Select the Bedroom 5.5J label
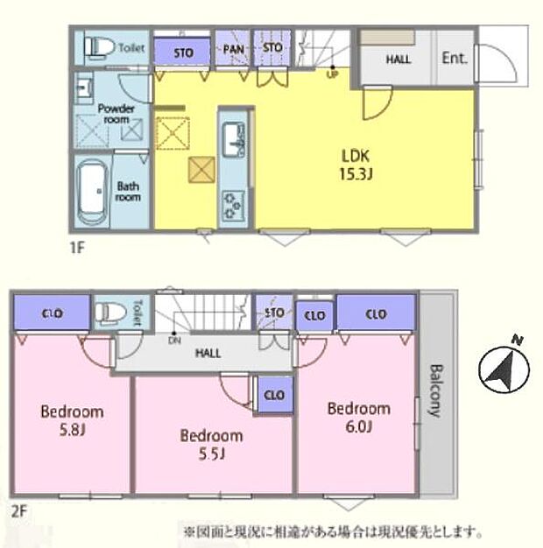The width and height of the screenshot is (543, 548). (x=211, y=444)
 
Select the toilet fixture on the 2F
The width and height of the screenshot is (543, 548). (x=109, y=313)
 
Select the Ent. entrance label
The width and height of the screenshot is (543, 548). (x=454, y=60)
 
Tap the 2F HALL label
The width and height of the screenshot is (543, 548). (x=208, y=353)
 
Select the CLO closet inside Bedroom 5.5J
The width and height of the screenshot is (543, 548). (x=273, y=395)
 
